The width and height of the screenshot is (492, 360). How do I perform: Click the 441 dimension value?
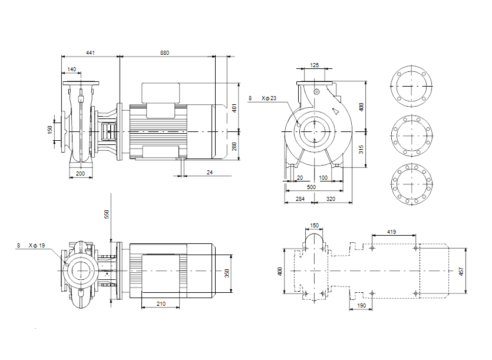point(90,52)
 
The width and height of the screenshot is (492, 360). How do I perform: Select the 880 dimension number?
point(165,52)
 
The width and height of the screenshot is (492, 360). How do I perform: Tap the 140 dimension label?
point(71,69)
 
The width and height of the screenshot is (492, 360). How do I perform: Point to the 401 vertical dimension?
point(234,108)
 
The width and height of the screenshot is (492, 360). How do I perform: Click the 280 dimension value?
point(234,147)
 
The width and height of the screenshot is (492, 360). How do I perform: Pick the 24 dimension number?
point(210,172)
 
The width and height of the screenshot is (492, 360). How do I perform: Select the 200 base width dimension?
point(80,173)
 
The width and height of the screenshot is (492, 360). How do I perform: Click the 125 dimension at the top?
point(315,65)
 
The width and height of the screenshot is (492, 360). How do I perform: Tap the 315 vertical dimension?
point(361,150)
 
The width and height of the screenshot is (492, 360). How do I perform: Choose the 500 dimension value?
point(311,187)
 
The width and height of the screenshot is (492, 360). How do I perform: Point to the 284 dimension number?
point(300,199)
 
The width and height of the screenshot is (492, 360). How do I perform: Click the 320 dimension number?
point(331,199)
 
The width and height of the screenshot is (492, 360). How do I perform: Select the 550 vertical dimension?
point(107,214)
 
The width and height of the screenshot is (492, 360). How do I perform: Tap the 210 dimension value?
point(161,303)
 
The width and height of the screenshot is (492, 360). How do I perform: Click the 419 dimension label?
point(392,232)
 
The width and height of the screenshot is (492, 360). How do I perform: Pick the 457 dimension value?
point(461,272)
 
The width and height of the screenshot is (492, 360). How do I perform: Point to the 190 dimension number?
point(361,305)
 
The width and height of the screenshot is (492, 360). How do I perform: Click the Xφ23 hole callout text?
point(269,98)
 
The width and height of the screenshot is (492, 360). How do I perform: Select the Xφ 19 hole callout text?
point(37,246)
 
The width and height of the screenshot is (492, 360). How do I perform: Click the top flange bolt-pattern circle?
point(411,66)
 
